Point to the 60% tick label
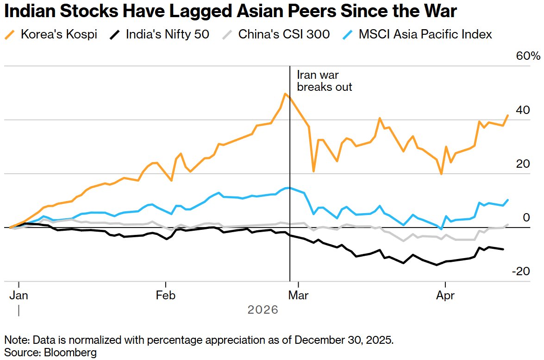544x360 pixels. (528, 57)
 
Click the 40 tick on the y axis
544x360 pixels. (523, 110)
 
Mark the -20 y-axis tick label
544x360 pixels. (521, 272)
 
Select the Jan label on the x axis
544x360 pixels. (19, 296)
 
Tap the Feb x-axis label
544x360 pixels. (165, 296)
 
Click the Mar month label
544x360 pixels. (299, 296)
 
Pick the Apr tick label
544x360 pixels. (445, 296)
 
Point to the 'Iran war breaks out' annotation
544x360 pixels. (324, 81)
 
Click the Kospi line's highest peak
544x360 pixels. (286, 94)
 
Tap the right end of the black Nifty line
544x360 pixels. (503, 249)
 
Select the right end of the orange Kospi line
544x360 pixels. (508, 115)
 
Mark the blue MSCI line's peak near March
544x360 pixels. (288, 188)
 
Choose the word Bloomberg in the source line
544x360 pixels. (70, 352)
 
